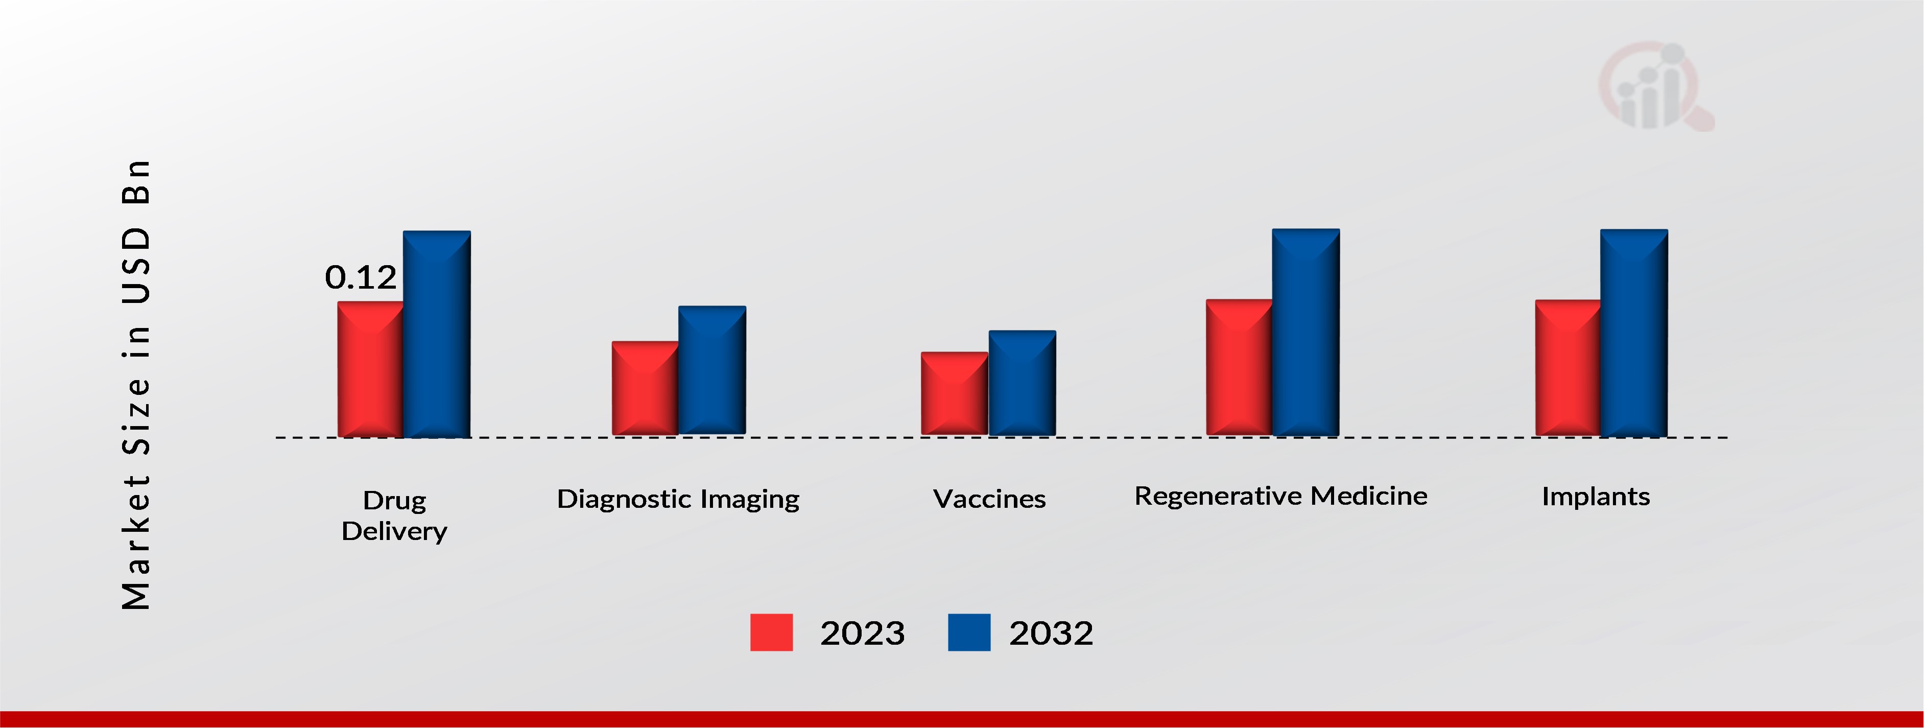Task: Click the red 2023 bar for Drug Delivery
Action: tap(370, 369)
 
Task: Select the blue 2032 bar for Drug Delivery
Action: tap(437, 334)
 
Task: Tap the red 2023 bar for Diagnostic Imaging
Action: tap(645, 388)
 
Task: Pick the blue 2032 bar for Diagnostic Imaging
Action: tap(712, 370)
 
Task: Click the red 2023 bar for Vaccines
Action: tap(955, 393)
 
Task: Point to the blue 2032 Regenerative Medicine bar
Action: tap(1305, 333)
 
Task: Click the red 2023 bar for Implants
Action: tap(1567, 368)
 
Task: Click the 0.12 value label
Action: tap(361, 277)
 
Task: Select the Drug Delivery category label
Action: tap(394, 515)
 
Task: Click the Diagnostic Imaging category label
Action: tap(678, 499)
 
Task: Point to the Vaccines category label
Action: tap(990, 499)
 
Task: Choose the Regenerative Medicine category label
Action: tap(1281, 496)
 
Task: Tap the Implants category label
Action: tap(1596, 496)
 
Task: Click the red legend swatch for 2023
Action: tap(772, 632)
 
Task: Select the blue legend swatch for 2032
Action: tap(969, 632)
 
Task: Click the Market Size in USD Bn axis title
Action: tap(136, 384)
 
